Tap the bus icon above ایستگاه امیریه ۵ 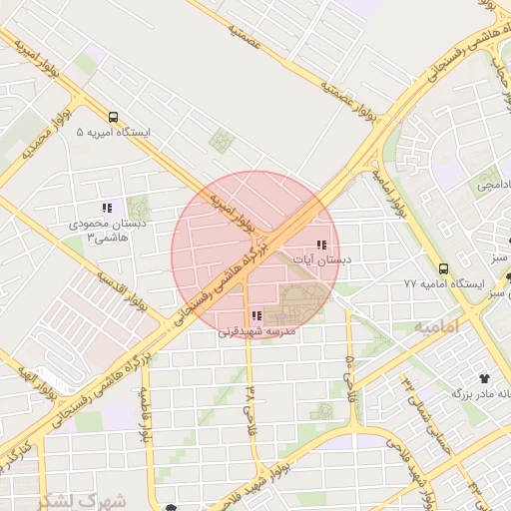pyautogui.click(x=113, y=116)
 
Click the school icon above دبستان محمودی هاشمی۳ pyautogui.click(x=106, y=208)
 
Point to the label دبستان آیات pyautogui.click(x=322, y=259)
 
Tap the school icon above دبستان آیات pyautogui.click(x=321, y=245)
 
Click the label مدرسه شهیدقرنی pyautogui.click(x=257, y=330)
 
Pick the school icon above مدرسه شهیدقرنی pyautogui.click(x=257, y=315)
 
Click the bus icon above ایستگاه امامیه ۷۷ pyautogui.click(x=444, y=267)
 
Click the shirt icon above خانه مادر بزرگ pyautogui.click(x=485, y=378)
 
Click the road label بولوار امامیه pyautogui.click(x=390, y=194)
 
